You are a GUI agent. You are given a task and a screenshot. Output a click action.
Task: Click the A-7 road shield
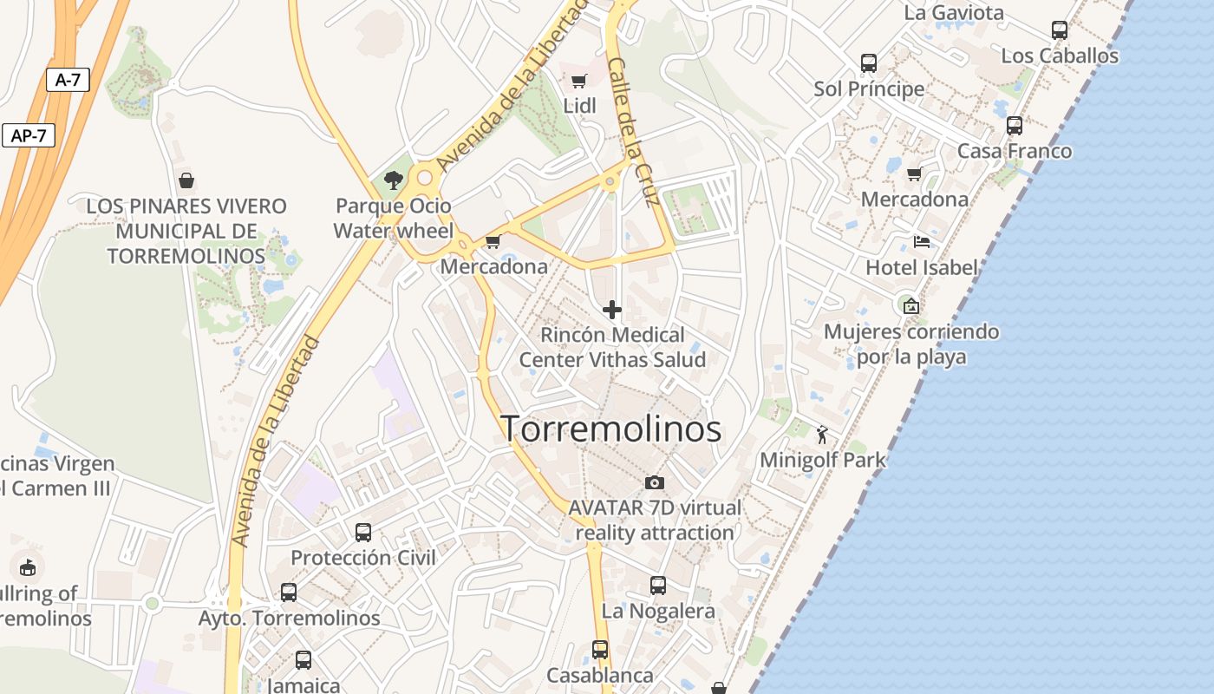pos(68,81)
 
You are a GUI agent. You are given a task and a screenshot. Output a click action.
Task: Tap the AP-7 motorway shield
pos(28,135)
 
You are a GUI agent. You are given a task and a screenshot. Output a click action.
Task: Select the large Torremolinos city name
pos(611,429)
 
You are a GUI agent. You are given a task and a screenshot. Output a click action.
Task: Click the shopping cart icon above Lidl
pos(579,82)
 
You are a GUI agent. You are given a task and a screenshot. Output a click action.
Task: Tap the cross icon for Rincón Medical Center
pos(612,310)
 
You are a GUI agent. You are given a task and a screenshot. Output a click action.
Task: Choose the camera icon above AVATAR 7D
pos(655,482)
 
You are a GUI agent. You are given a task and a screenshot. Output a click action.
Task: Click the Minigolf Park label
pos(823,460)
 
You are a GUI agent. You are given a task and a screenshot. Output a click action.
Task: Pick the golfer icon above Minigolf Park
pos(822,435)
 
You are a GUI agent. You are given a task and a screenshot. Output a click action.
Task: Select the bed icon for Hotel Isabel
pos(921,242)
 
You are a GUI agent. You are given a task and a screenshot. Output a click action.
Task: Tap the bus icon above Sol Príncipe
pos(869,63)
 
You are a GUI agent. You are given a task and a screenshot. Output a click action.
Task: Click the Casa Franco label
pos(1015,151)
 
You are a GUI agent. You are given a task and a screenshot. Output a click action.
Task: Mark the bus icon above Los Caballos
pos(1060,30)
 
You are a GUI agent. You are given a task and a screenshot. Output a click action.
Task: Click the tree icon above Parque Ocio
pos(394,180)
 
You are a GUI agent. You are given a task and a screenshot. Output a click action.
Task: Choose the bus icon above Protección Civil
pos(363,532)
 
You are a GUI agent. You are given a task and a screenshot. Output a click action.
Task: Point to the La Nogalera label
pos(658,611)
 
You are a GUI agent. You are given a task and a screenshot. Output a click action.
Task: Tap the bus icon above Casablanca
pos(600,649)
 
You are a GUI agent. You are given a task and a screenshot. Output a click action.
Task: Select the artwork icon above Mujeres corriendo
pos(910,306)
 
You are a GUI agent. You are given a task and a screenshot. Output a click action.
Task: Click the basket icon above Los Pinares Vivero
pos(186,180)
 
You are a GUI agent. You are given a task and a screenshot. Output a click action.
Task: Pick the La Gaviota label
pos(954,13)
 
